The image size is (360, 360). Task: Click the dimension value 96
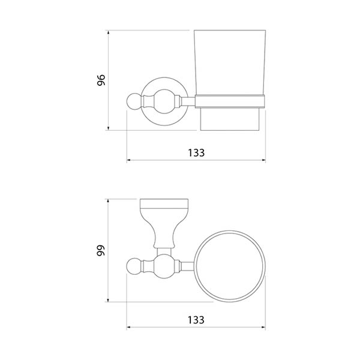click(x=101, y=80)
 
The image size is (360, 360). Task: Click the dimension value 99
click(x=101, y=250)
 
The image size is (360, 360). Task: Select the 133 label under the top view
click(x=196, y=153)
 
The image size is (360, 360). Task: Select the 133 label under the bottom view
click(x=196, y=320)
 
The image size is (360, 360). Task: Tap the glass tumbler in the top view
click(x=230, y=62)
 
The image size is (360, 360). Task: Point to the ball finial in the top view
click(x=133, y=101)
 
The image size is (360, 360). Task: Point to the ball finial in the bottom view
click(x=133, y=267)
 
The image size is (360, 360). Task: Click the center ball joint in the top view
click(x=164, y=101)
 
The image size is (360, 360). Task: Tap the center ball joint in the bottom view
click(x=164, y=266)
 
